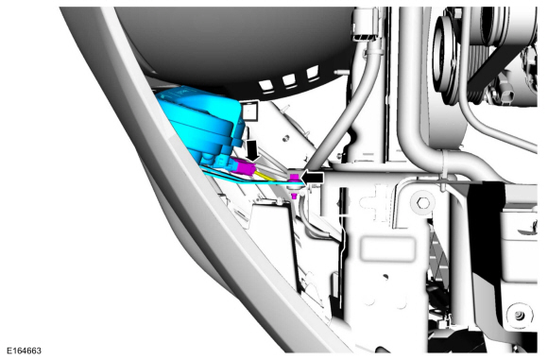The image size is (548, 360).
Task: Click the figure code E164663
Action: pos(24,351)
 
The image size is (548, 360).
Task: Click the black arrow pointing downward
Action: pos(252,150)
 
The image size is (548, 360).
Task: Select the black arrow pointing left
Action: pos(312,178)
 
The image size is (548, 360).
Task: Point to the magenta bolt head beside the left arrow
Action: pos(294,178)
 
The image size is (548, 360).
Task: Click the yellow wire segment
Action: pos(266,175)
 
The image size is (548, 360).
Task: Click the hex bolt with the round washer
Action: pos(423,203)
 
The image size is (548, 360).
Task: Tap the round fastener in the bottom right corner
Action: pos(520,316)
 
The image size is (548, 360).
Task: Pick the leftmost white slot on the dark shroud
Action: pos(265,85)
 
